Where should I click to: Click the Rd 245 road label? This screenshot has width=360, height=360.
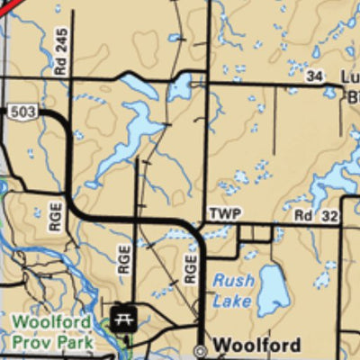[x=60, y=51]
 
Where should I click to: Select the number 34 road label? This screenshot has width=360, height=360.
[x=314, y=77]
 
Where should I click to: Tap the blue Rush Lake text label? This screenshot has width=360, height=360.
[x=233, y=291]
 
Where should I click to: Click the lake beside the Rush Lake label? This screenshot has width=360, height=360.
[x=277, y=290]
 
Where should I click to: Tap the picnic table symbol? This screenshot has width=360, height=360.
[x=122, y=316]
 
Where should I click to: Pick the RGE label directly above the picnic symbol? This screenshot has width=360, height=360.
[x=124, y=261]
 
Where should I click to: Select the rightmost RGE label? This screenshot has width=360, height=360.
[x=191, y=266]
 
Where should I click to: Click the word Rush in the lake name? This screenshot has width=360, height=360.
[x=233, y=281]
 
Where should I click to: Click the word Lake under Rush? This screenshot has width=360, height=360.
[x=231, y=301]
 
